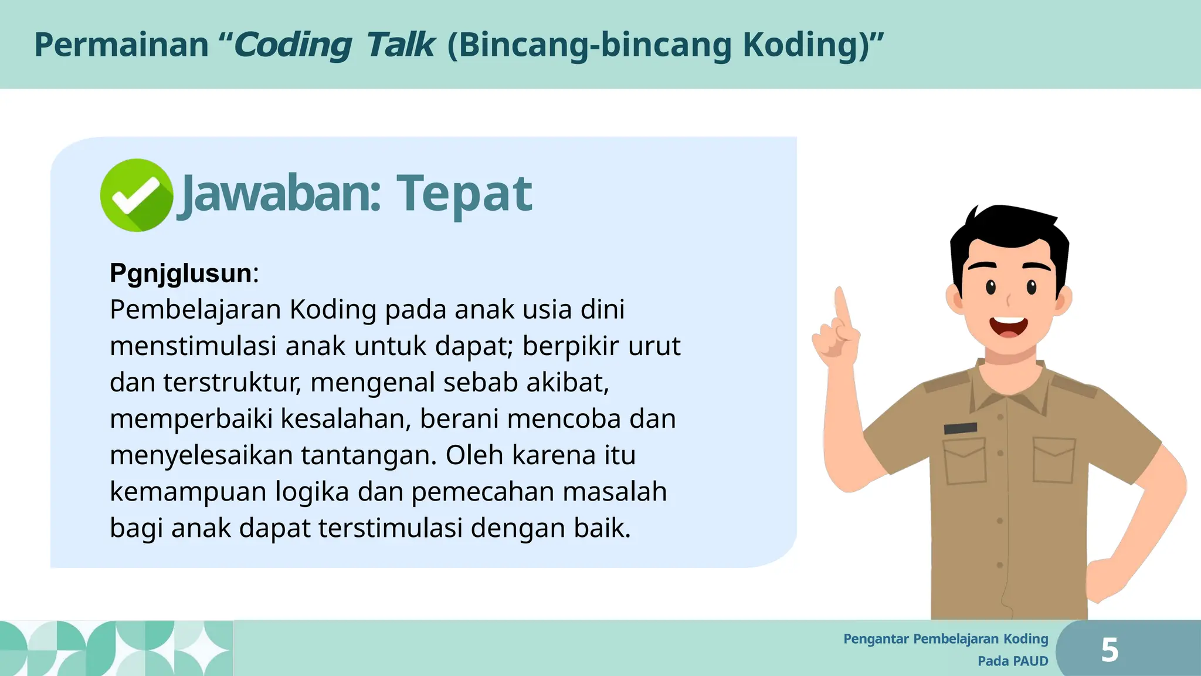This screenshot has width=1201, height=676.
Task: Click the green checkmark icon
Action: pyautogui.click(x=136, y=195)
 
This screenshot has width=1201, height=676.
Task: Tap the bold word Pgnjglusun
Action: pyautogui.click(x=181, y=273)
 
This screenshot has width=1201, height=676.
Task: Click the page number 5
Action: pyautogui.click(x=1110, y=650)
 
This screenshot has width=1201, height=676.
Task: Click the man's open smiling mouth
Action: pyautogui.click(x=1009, y=326)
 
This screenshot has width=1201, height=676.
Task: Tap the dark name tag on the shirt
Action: pyautogui.click(x=960, y=428)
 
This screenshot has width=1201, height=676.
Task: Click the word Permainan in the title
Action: pyautogui.click(x=121, y=45)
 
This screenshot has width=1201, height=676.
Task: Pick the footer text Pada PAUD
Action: pyautogui.click(x=1013, y=661)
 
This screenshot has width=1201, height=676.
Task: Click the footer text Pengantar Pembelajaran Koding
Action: pyautogui.click(x=945, y=639)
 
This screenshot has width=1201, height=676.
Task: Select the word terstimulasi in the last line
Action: pyautogui.click(x=391, y=528)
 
